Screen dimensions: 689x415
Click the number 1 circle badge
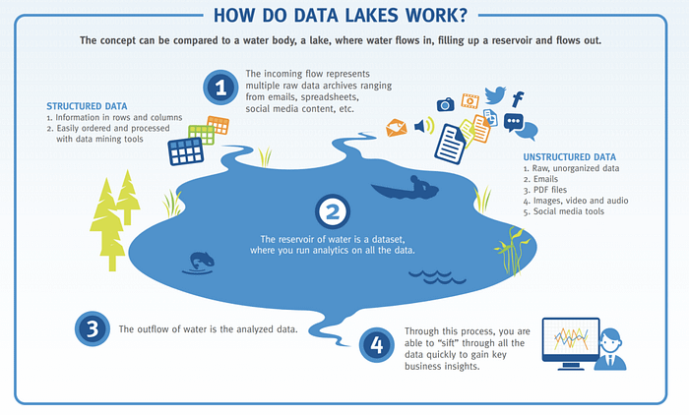pos(219,88)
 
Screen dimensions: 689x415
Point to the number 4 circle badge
pos(377,345)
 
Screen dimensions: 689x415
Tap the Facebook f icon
pos(518,98)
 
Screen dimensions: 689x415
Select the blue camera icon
pos(445,103)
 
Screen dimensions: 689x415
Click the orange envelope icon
pos(397,127)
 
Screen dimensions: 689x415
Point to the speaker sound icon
pos(424,126)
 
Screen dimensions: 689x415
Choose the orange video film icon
pos(470,100)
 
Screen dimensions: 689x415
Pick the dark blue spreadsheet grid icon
pos(185,150)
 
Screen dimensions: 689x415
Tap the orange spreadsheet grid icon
pos(218,125)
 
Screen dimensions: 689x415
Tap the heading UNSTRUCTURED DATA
pos(570,155)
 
